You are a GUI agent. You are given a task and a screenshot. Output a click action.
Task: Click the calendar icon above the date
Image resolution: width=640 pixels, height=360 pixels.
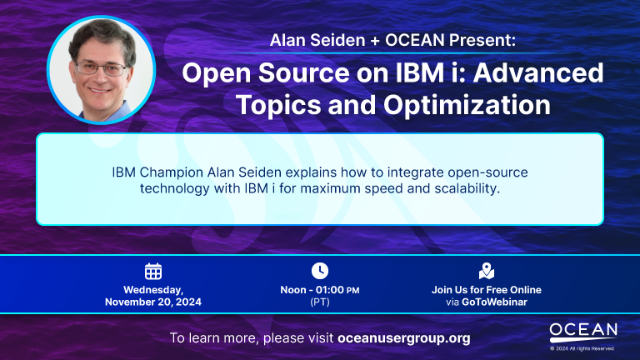[x=153, y=271]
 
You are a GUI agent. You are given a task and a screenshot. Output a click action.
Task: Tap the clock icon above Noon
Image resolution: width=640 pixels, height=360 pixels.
[x=320, y=271]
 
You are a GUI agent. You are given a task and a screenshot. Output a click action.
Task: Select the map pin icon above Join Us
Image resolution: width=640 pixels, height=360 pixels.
[x=487, y=271]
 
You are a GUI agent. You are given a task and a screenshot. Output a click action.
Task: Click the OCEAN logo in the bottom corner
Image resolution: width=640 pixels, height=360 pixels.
[x=583, y=331]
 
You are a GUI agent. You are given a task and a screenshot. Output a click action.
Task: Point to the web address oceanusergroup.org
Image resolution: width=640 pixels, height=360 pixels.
[x=404, y=338]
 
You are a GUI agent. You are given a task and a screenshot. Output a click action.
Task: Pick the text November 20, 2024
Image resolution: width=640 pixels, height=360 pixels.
[x=153, y=302]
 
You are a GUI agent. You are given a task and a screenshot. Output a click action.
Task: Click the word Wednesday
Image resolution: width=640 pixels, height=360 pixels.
[x=152, y=290]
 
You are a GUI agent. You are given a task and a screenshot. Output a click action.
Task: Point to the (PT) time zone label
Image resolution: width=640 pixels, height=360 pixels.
[x=320, y=302]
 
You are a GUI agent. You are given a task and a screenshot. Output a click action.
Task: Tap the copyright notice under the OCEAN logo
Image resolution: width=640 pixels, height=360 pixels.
[x=583, y=348]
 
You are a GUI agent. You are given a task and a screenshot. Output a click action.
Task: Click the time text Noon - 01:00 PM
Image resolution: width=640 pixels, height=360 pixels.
[x=320, y=290]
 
